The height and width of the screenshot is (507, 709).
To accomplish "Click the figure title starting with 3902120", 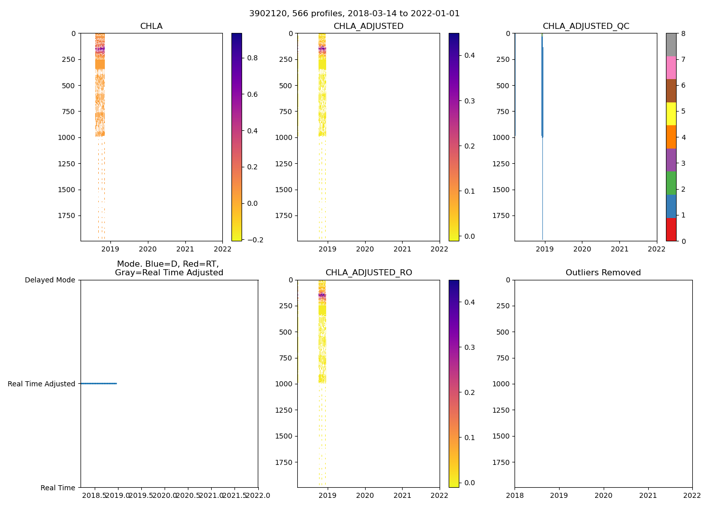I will (354, 14).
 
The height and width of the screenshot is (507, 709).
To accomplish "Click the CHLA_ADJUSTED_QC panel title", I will (585, 26).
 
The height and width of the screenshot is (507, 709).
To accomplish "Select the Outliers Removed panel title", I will (603, 273).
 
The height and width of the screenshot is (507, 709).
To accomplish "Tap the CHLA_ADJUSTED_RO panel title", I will (368, 273).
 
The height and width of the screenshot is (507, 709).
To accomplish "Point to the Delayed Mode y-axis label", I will (50, 280).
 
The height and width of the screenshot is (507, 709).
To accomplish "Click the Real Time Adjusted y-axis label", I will (41, 384).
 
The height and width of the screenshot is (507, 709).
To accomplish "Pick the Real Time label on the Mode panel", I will (58, 488).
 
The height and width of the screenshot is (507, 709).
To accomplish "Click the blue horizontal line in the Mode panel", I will (98, 383).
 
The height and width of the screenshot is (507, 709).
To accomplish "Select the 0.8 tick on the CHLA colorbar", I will (252, 58).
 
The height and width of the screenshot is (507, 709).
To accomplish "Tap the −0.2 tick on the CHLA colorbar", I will (251, 240).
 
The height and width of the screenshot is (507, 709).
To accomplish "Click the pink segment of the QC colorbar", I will (671, 67).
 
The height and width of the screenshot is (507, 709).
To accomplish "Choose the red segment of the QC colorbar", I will (671, 229).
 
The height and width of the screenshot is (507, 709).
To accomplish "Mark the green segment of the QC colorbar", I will (671, 183).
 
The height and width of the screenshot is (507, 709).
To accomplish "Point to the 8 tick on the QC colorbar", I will (683, 33).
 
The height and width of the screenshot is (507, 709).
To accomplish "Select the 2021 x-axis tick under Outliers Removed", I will (648, 495).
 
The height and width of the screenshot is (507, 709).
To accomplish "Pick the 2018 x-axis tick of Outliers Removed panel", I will (515, 495).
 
